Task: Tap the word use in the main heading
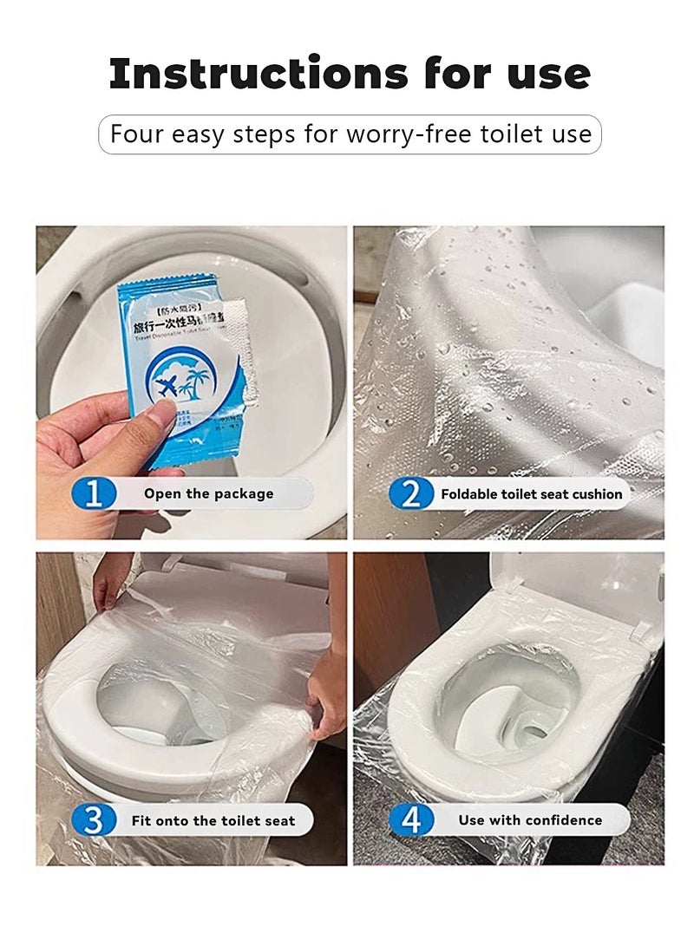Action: click(545, 75)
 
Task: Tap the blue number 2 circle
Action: click(409, 493)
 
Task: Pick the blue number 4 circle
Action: click(409, 820)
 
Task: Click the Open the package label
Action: click(208, 493)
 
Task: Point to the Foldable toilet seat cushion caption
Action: click(531, 494)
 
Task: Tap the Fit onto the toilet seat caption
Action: click(213, 820)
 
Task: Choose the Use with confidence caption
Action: click(530, 820)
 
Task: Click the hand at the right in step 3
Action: click(329, 694)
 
